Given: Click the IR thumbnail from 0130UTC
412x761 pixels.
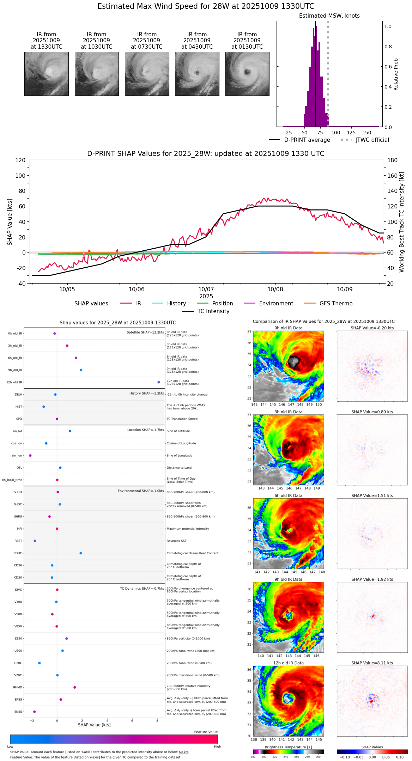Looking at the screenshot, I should pos(247,74).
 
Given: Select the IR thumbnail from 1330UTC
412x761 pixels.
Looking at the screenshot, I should pos(46,74).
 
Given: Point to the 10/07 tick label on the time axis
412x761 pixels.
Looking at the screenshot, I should pos(206,290).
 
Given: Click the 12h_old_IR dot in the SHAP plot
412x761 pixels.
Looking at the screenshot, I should pos(159,382).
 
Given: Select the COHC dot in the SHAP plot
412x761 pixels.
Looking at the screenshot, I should pos(81,553).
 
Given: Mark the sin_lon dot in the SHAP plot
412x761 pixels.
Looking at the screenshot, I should pos(30,456).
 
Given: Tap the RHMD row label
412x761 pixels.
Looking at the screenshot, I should pos(18,687).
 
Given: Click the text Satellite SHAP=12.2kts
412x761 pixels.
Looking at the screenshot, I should pos(145,333).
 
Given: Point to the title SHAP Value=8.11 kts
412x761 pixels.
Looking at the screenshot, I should pos(372,663).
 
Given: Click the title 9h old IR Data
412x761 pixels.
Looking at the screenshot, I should pos(288,579).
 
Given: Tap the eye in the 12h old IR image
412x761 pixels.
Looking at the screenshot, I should pos(288,698).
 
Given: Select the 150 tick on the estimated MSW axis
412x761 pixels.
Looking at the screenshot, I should pos(367,133).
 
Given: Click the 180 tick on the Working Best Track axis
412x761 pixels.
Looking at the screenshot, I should pos(393,160).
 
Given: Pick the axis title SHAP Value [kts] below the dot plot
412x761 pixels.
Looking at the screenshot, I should pos(94,725).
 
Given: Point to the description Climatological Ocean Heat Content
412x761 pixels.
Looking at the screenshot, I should pos(192,553).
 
